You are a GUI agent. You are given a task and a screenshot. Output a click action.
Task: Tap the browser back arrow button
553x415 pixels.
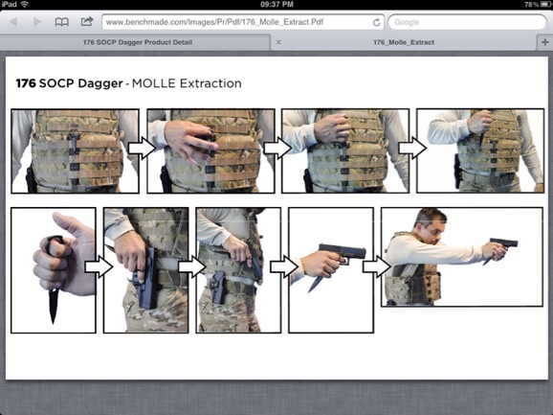(13, 22)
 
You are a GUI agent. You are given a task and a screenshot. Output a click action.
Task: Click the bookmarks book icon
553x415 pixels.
(62, 22)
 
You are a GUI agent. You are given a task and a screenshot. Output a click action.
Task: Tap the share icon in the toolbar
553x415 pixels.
(87, 21)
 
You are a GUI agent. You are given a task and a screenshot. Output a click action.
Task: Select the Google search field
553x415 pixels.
(467, 22)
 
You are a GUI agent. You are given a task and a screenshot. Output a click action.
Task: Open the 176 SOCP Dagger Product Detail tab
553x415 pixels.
(138, 42)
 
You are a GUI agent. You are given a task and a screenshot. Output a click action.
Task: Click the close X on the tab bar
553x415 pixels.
(278, 42)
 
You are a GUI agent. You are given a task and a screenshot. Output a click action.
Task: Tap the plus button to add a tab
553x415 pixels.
(545, 42)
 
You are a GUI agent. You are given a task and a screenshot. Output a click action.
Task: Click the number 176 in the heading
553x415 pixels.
(26, 83)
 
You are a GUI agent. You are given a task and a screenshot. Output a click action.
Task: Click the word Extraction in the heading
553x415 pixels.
(210, 83)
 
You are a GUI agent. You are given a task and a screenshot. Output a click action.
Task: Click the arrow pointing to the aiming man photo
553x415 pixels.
(377, 266)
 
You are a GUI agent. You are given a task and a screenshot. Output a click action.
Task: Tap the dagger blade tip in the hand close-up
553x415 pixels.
(54, 322)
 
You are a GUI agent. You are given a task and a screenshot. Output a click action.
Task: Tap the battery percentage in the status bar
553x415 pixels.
(531, 4)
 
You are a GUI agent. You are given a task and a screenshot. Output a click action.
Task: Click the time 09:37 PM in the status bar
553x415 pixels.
(276, 4)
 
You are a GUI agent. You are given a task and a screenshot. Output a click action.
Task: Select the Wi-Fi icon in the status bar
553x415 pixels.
(24, 4)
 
